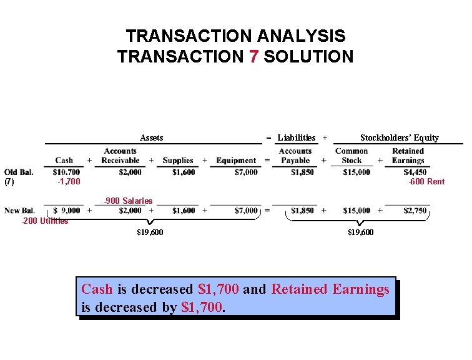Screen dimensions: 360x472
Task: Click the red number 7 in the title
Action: click(253, 56)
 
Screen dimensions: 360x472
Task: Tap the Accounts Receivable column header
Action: click(120, 156)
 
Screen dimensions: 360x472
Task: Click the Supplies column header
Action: click(178, 161)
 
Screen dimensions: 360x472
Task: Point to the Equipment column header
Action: click(236, 161)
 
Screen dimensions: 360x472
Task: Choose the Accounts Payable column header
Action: click(295, 156)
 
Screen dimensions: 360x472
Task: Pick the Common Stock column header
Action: click(352, 156)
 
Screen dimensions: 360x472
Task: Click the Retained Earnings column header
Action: click(408, 156)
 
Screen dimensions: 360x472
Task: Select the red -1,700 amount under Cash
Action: click(69, 182)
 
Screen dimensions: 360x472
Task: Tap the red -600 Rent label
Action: click(426, 182)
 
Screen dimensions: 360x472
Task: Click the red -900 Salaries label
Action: click(128, 201)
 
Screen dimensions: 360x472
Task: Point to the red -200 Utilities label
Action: click(45, 221)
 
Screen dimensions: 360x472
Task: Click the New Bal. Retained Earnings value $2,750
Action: click(415, 211)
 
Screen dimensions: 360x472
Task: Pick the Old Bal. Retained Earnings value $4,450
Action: click(415, 172)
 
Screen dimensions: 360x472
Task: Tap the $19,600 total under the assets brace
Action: click(150, 232)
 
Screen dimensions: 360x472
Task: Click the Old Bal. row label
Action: click(19, 172)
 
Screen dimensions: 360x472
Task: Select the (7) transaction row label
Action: click(9, 182)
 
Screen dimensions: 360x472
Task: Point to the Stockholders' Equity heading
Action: click(400, 138)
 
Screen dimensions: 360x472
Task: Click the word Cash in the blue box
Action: click(97, 289)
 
